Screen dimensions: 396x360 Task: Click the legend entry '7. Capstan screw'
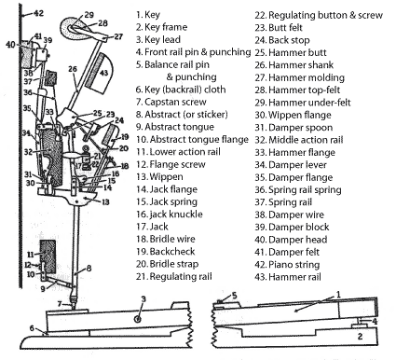coord(171,102)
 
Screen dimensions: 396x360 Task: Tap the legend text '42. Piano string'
coord(287,265)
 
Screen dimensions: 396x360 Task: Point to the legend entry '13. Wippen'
coord(159,177)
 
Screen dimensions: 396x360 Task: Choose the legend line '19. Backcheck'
coord(166,252)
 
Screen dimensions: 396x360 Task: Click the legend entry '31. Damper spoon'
coord(294,128)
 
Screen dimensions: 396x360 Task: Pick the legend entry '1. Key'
coord(148,15)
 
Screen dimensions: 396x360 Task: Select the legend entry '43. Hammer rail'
coord(288,277)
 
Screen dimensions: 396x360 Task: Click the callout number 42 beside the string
coord(38,13)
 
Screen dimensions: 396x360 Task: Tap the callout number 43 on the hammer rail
coord(104,73)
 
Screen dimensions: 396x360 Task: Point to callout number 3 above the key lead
coord(143,299)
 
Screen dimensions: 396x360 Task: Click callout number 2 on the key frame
coord(360,336)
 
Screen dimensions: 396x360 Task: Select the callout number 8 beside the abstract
coord(89,268)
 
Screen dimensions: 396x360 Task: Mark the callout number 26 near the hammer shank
coord(73,69)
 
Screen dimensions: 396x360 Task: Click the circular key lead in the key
coord(138,319)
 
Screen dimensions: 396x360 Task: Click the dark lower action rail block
coord(48,256)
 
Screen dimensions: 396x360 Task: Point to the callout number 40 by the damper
coord(10,45)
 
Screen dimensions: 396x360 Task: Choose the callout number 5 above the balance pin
coord(235,296)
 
